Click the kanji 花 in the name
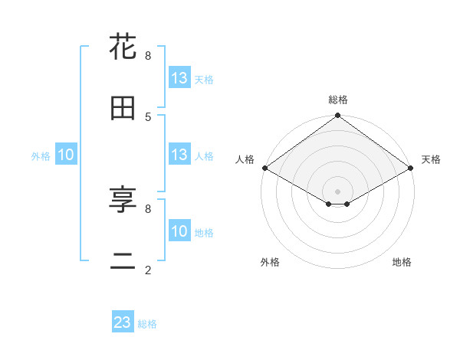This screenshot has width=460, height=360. coord(123,47)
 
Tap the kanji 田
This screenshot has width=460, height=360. coord(123,108)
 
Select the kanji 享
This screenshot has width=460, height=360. coord(123,200)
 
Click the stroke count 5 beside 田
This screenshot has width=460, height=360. coord(148,116)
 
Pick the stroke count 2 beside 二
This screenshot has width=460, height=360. coord(148,270)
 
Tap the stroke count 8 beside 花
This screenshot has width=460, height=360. coord(148,55)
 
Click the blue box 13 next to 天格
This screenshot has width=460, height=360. coord(179,78)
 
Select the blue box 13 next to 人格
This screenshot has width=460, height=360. coord(179,155)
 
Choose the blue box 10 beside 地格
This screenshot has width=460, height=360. coord(179,231)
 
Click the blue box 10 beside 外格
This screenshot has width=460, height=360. coord(66,155)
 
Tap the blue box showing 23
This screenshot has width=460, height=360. coord(123,322)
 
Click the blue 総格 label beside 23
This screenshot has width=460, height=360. coord(147,324)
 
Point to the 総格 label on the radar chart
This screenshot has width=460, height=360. coord(338,100)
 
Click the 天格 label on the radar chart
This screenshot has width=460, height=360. coord(431,159)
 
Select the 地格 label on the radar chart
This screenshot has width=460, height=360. coord(402,263)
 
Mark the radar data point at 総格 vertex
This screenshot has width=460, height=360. coord(338,116)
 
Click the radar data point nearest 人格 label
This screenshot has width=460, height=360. coord(264,168)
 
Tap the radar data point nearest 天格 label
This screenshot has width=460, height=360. coord(411,168)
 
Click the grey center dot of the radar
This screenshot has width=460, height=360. coord(338,191)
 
